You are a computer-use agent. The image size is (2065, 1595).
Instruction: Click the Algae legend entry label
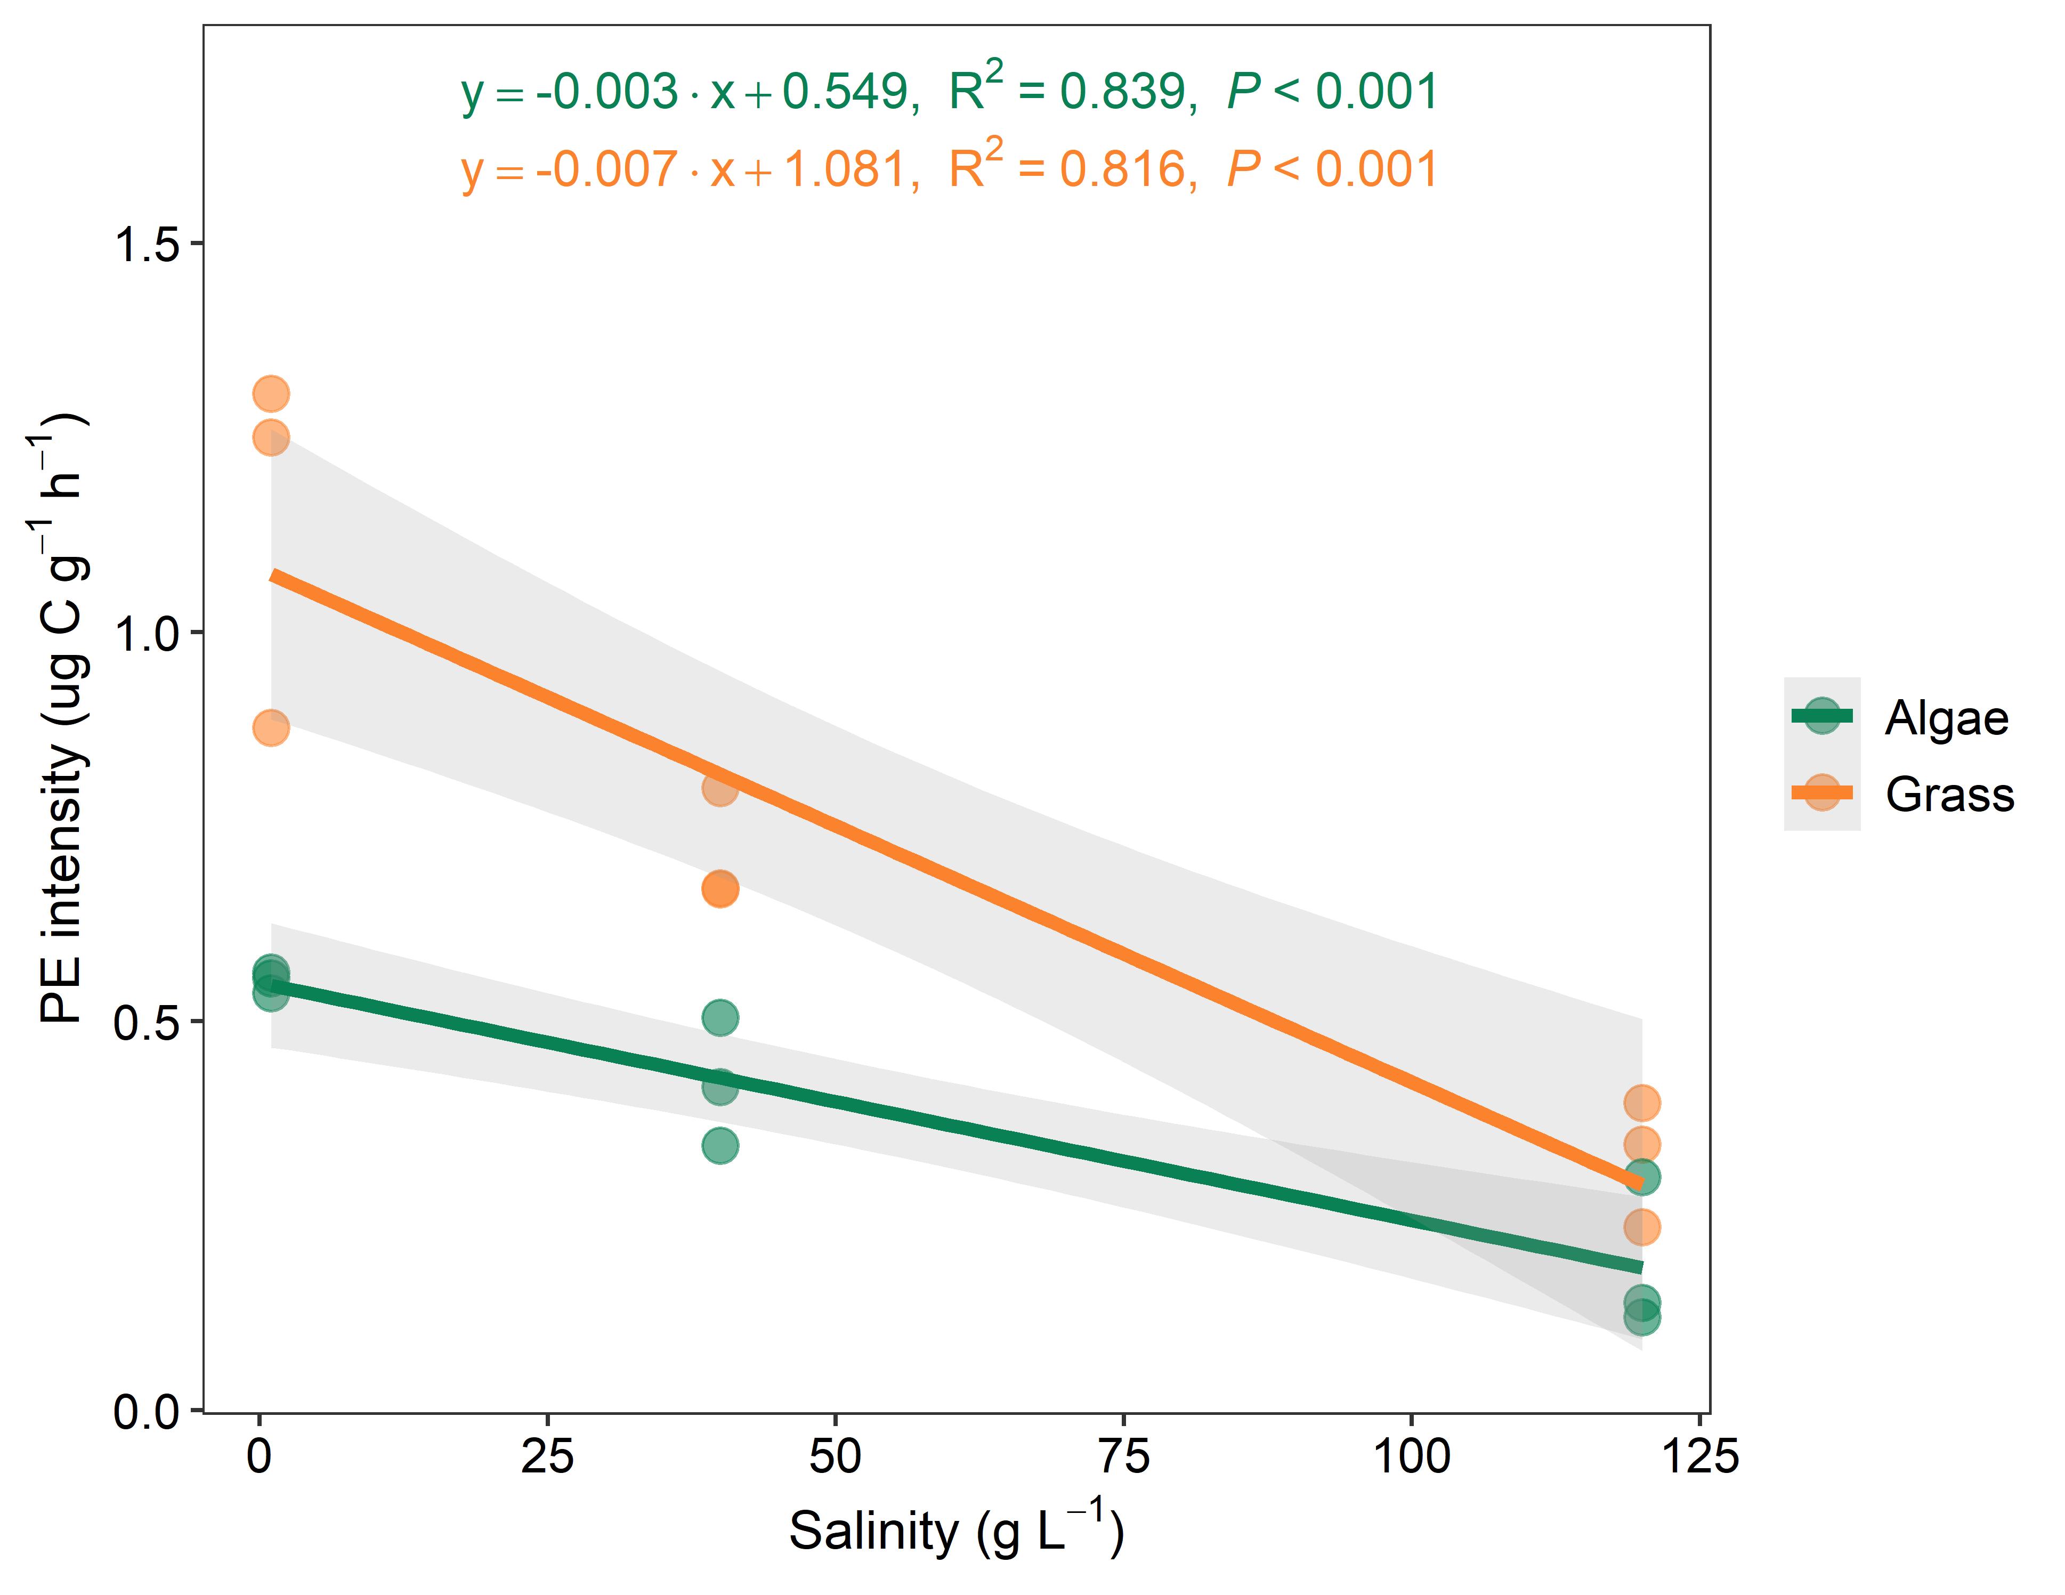1945,718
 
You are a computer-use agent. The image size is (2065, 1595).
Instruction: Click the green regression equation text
949,92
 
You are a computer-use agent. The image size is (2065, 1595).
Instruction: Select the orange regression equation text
949,170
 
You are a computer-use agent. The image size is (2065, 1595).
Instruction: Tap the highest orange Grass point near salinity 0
270,393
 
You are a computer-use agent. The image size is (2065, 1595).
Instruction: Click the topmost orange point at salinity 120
1641,1103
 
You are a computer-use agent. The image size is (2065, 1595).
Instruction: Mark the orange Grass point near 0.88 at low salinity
270,727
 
